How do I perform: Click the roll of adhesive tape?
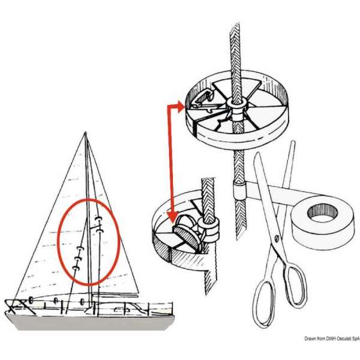321,222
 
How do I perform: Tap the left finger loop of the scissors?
264,300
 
